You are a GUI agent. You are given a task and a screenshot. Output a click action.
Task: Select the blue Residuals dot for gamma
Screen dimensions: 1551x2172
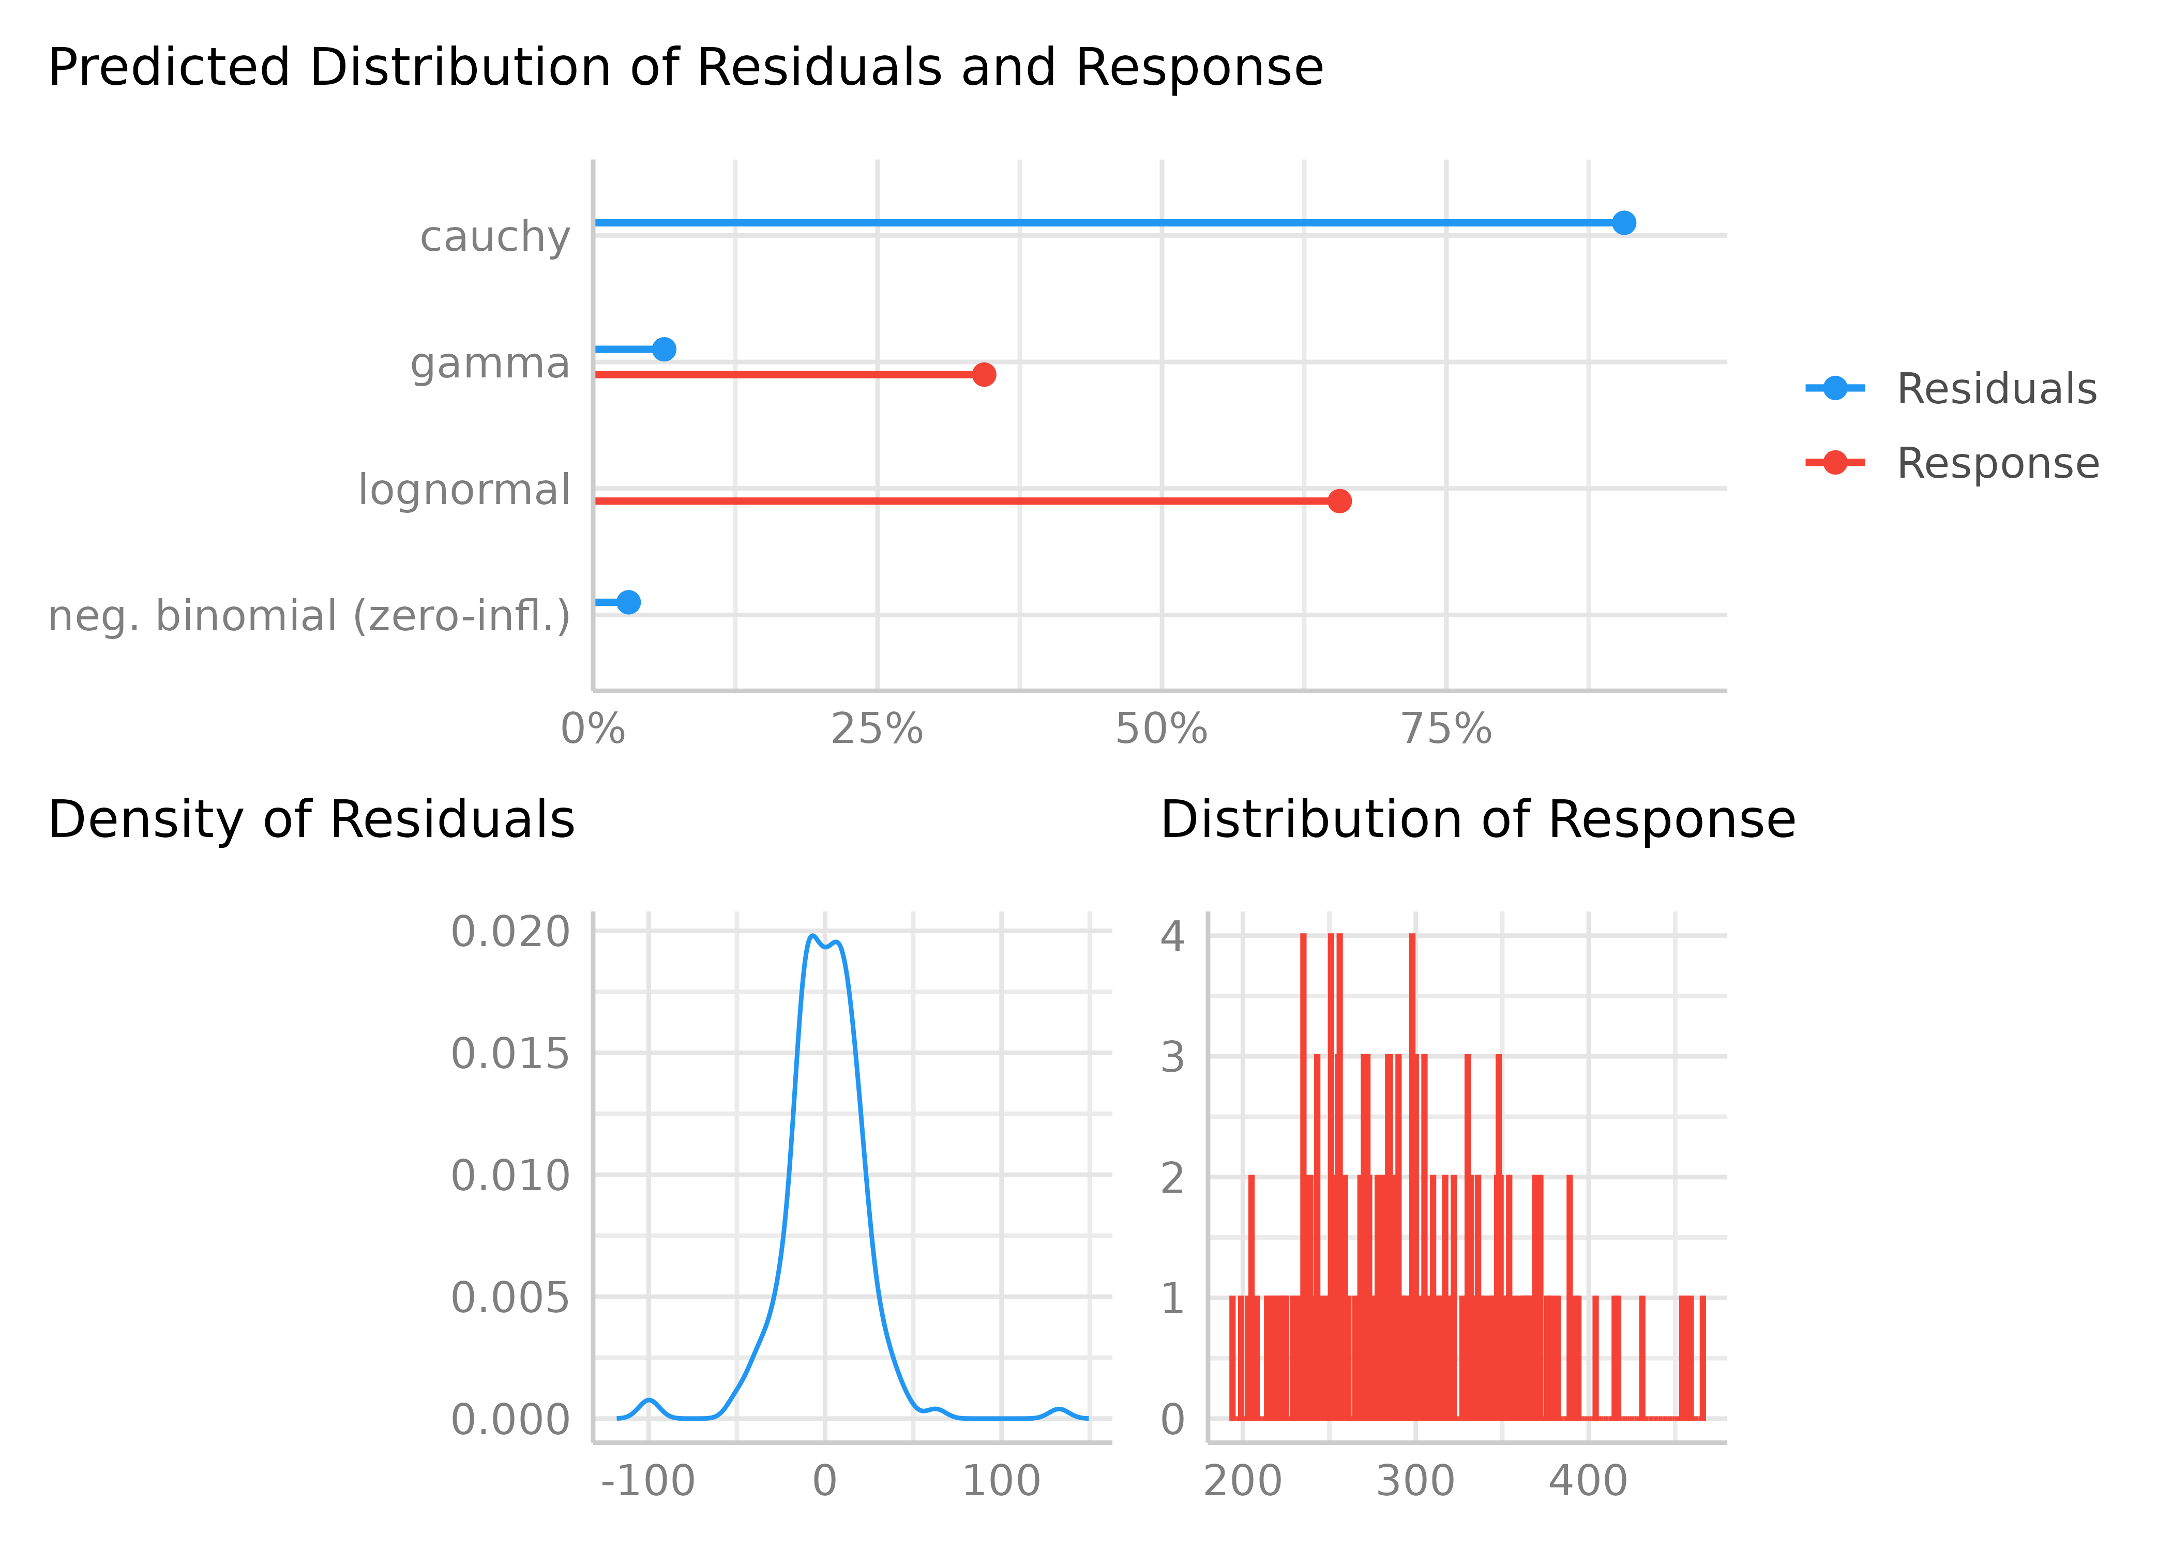coord(664,349)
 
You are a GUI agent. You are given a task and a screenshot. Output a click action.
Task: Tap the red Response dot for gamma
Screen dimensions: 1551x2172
coord(984,374)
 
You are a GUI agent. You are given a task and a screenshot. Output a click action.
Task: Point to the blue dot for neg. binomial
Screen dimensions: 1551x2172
coord(627,602)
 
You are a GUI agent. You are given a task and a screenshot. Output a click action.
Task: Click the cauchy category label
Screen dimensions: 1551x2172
coord(495,236)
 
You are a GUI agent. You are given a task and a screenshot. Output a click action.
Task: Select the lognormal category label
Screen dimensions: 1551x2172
coord(464,490)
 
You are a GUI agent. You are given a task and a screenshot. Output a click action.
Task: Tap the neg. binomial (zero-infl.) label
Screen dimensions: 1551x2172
coord(309,616)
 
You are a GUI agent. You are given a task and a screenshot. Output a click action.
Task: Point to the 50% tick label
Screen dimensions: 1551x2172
coord(1162,729)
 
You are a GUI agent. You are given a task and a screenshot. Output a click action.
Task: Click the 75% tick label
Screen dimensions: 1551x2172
coord(1446,729)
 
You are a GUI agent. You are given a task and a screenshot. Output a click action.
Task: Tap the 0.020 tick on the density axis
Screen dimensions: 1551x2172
coord(510,932)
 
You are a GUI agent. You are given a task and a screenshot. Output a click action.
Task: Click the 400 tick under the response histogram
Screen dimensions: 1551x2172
coord(1588,1481)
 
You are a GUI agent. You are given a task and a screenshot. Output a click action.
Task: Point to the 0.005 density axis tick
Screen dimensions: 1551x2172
coord(510,1298)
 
